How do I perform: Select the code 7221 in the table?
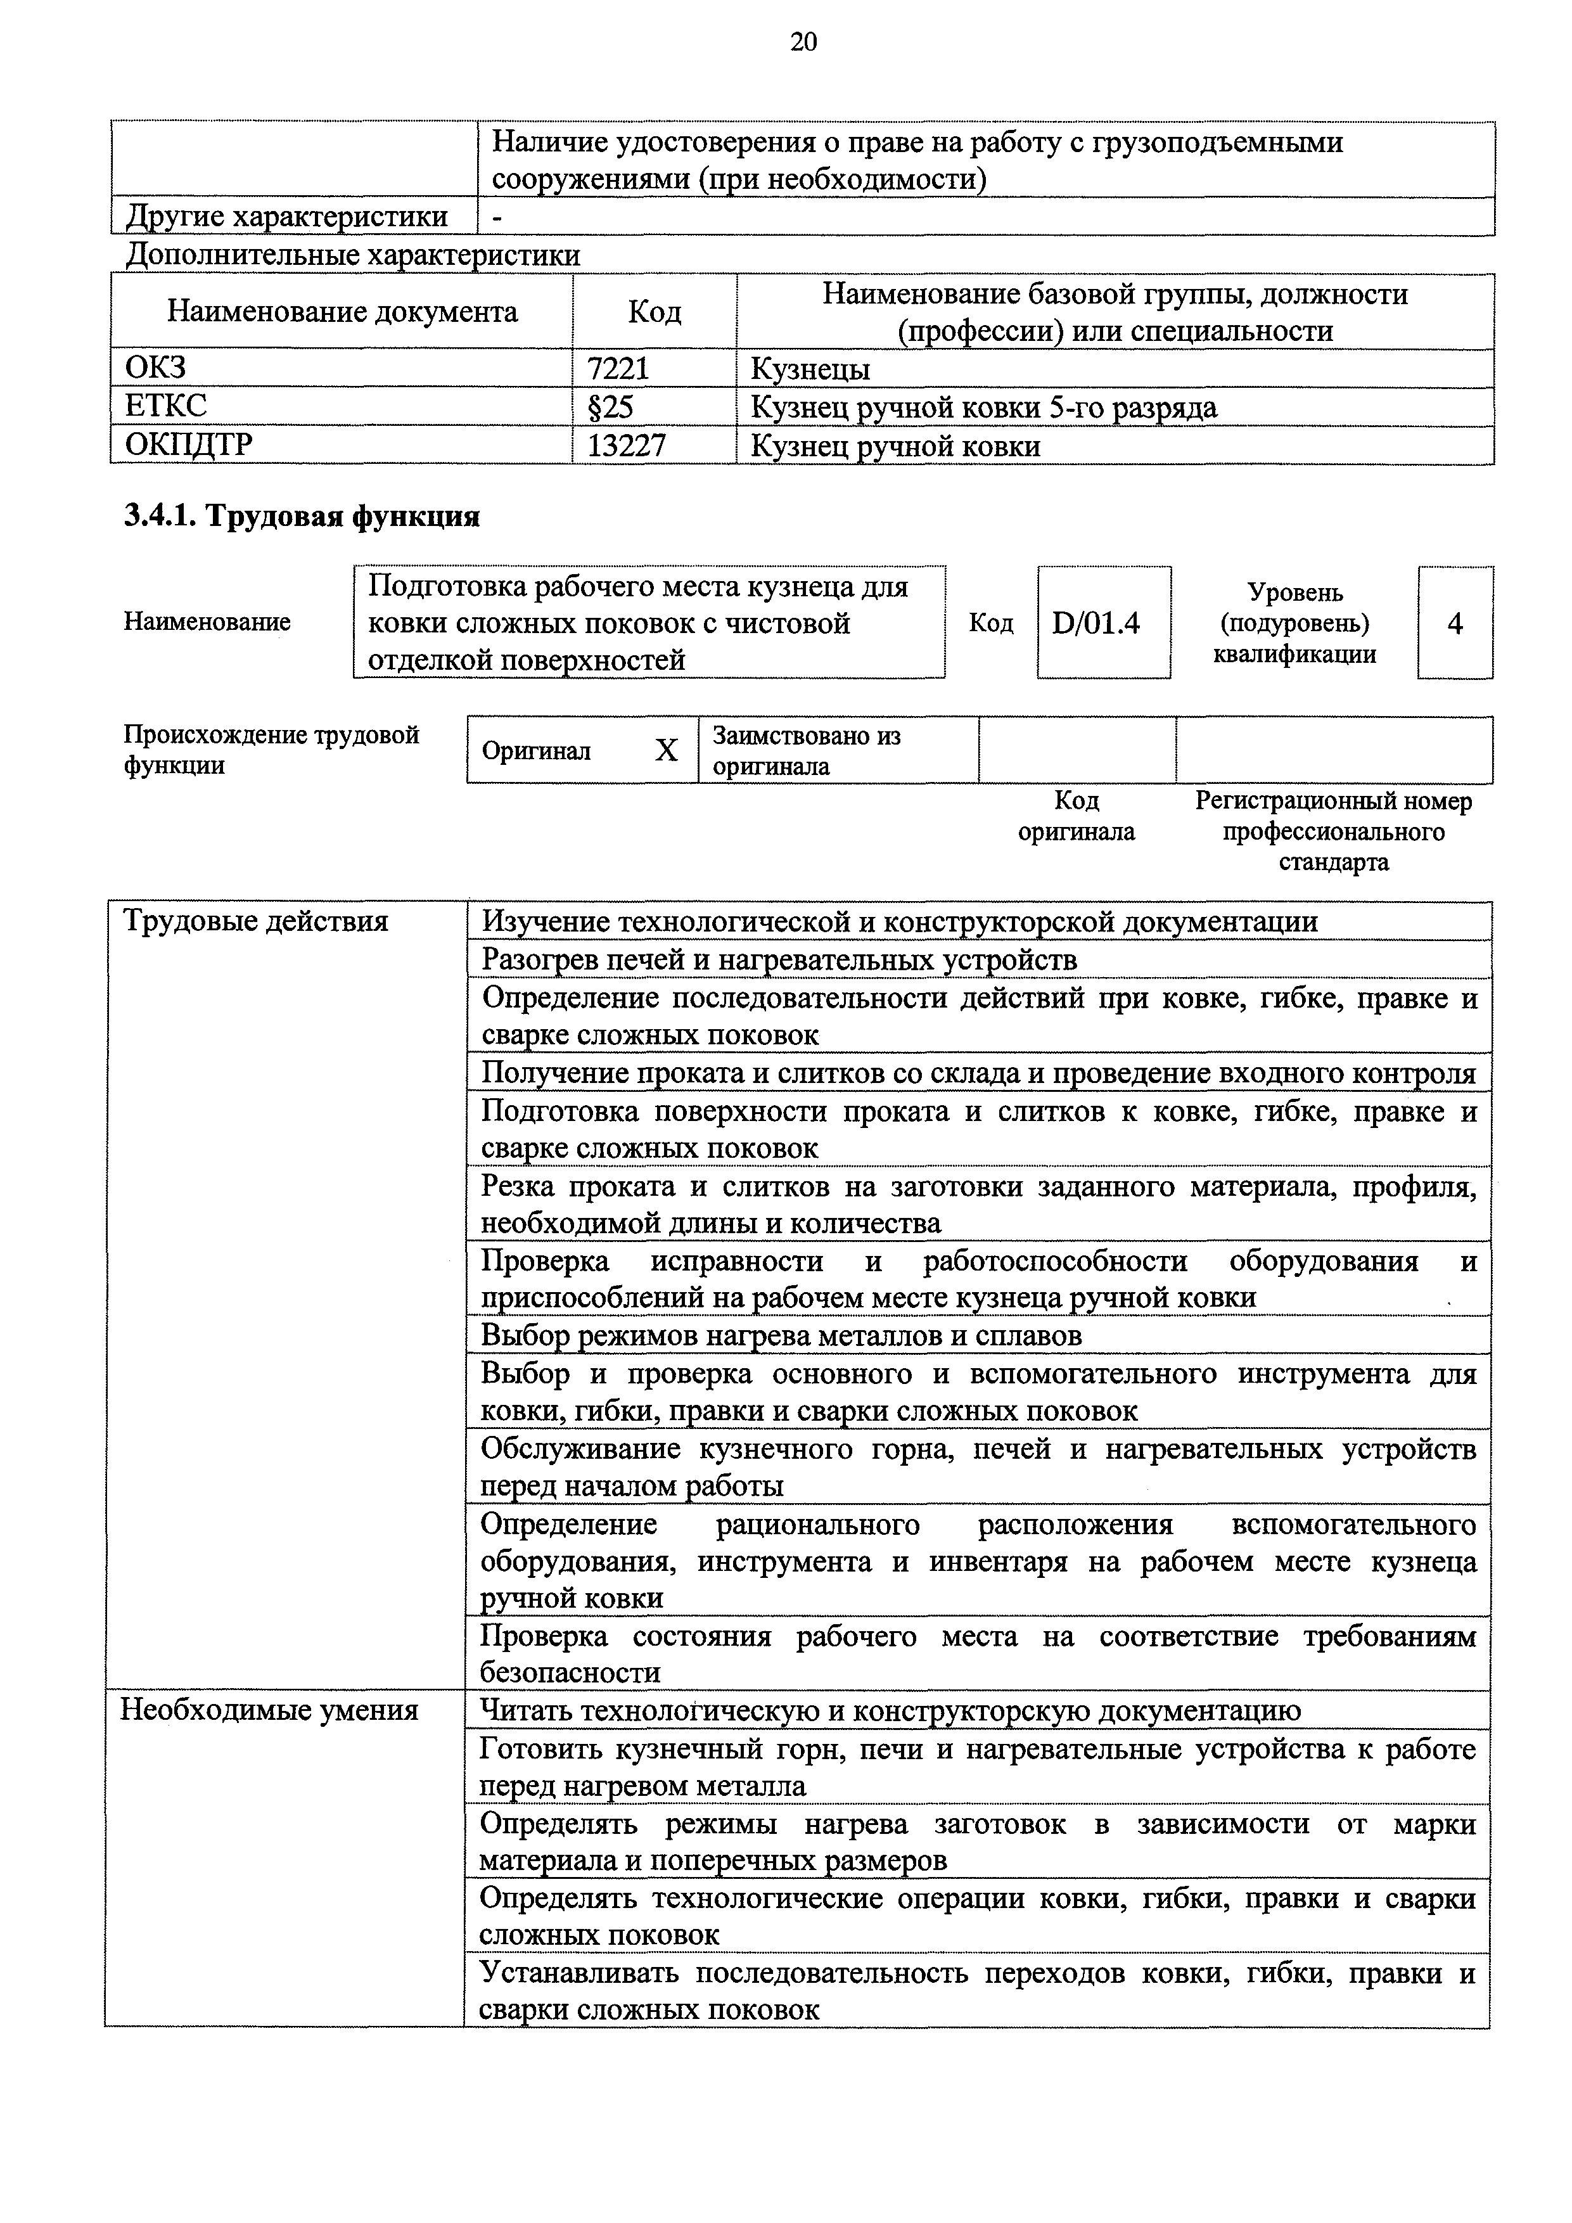(x=618, y=369)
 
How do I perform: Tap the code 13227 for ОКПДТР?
(x=626, y=445)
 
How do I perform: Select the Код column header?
(x=655, y=312)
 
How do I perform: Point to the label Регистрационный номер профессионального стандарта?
(x=1333, y=831)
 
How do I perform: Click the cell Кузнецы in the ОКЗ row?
(x=810, y=369)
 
